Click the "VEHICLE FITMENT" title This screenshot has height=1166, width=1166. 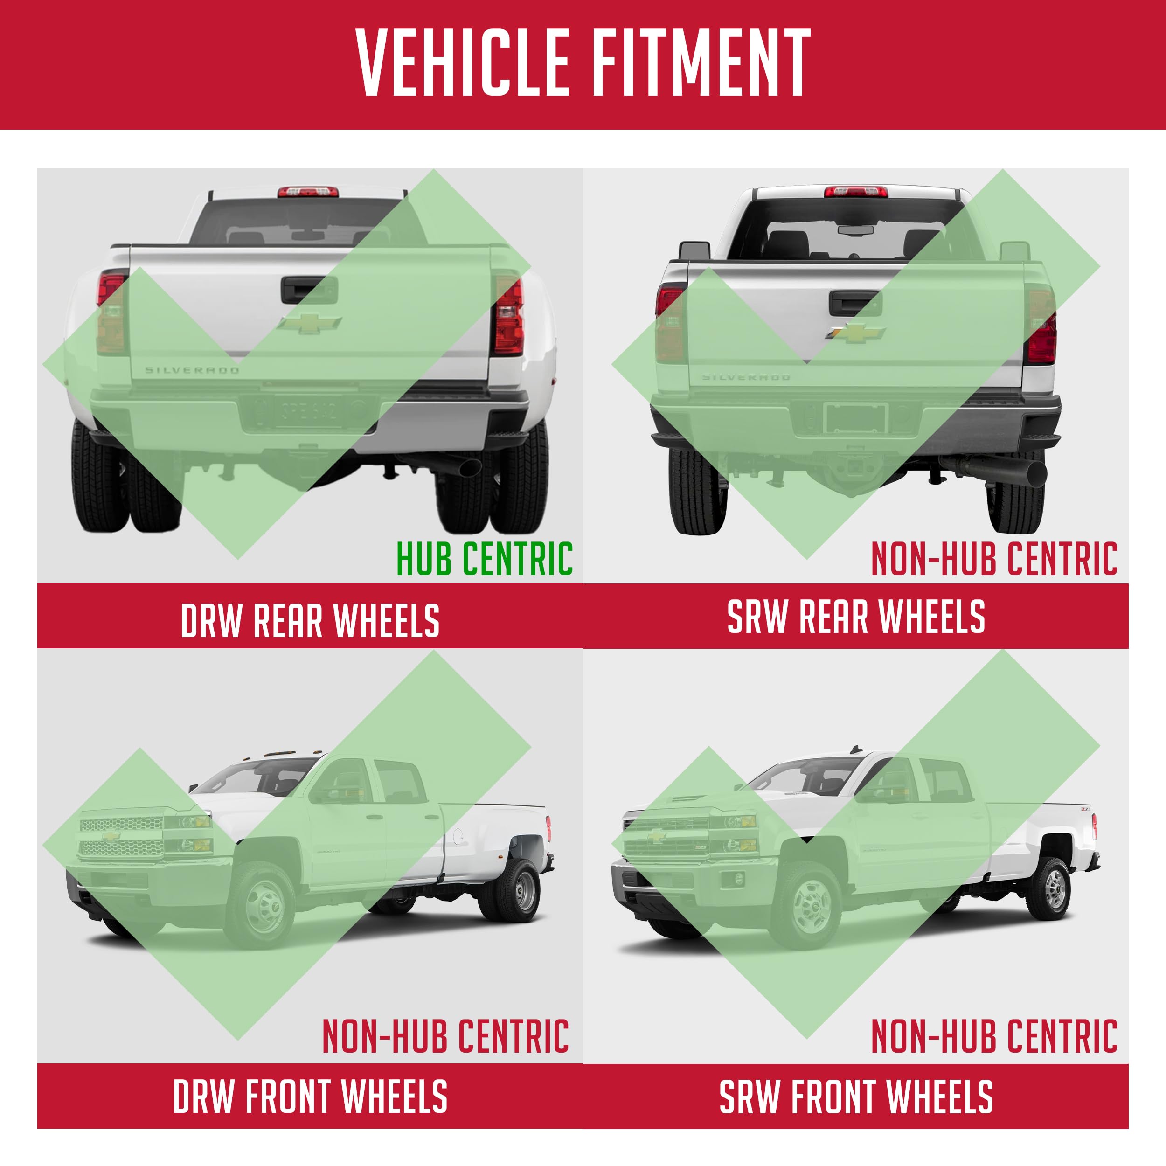(583, 63)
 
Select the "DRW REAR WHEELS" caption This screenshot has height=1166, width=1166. (310, 620)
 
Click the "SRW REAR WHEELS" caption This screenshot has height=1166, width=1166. (856, 616)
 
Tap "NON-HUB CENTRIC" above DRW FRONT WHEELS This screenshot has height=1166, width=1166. (445, 1036)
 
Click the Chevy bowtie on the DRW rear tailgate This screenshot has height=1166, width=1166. (310, 323)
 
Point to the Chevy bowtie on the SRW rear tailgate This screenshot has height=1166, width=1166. (855, 333)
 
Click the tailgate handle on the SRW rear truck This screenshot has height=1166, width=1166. (855, 302)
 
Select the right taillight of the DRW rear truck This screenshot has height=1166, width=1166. (509, 316)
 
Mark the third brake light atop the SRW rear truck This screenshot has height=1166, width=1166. (856, 192)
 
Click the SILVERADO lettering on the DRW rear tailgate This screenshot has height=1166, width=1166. (192, 370)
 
